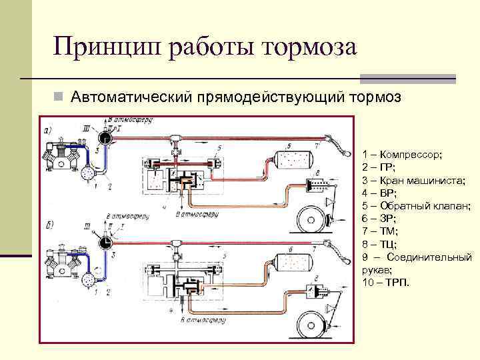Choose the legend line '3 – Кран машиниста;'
pyautogui.click(x=407, y=180)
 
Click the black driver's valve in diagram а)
pyautogui.click(x=105, y=137)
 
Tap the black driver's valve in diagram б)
pyautogui.click(x=105, y=244)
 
